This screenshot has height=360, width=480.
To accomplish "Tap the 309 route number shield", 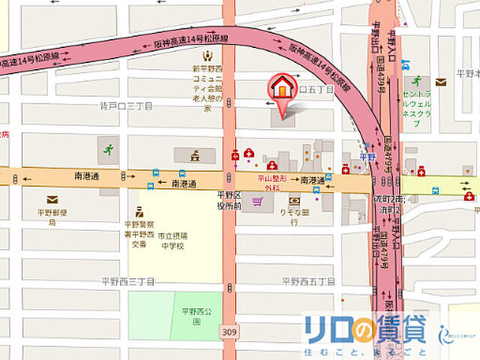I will (x=228, y=331).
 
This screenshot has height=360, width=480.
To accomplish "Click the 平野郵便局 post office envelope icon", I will (x=52, y=199).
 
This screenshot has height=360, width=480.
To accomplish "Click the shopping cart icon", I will (x=258, y=201).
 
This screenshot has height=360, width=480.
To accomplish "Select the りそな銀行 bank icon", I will (x=294, y=201).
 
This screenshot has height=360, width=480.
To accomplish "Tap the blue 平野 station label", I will (x=366, y=157).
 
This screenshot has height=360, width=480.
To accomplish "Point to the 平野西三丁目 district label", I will (x=127, y=281).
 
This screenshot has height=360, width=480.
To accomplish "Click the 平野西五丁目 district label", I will (x=307, y=281).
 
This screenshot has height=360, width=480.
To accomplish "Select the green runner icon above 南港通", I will (x=109, y=148).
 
